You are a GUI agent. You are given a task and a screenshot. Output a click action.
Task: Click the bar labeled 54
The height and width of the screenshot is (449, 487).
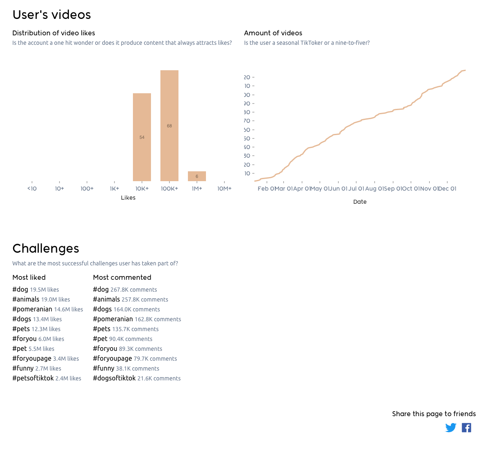pos(142,137)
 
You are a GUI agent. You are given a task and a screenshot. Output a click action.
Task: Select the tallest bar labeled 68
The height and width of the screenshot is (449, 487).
pos(169,125)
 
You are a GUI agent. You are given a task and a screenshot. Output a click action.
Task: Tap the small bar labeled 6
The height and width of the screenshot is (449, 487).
pos(197,176)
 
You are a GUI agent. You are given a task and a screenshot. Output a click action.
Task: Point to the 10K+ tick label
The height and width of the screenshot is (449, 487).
pos(142,189)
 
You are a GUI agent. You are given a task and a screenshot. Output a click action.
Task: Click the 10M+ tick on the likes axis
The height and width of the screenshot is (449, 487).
pos(224,189)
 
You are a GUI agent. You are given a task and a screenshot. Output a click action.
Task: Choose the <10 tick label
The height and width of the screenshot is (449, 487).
pos(32,189)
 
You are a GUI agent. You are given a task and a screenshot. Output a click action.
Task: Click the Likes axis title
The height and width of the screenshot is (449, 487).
pos(128,198)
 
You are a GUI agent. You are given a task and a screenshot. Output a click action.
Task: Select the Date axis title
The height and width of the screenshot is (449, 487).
pos(360,202)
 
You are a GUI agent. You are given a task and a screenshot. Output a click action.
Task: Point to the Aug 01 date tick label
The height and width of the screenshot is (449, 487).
pos(374,189)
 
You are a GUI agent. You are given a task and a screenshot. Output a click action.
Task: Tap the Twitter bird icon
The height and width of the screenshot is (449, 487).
pos(450,428)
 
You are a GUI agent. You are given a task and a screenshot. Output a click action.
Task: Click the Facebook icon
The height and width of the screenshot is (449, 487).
pos(466,428)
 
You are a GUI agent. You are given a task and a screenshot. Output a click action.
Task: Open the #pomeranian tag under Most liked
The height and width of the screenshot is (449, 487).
pos(32,309)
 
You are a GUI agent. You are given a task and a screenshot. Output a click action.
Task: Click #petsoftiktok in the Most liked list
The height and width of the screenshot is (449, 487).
pos(33,378)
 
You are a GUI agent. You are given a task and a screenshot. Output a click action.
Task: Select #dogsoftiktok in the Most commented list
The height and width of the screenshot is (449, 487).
pos(114,378)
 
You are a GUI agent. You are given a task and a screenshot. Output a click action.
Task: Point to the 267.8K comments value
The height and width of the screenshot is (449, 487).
pos(134,290)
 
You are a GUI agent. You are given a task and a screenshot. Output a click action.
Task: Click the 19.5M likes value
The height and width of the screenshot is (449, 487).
pos(44,290)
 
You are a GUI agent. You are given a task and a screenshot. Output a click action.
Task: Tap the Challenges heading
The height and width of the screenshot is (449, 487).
pos(46,249)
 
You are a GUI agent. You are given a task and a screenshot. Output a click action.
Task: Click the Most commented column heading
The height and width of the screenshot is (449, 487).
pos(122,277)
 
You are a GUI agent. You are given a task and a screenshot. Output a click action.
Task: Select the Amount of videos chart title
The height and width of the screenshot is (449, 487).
pos(273,33)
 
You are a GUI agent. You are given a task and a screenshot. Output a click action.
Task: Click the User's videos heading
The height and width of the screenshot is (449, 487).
pos(52,15)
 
